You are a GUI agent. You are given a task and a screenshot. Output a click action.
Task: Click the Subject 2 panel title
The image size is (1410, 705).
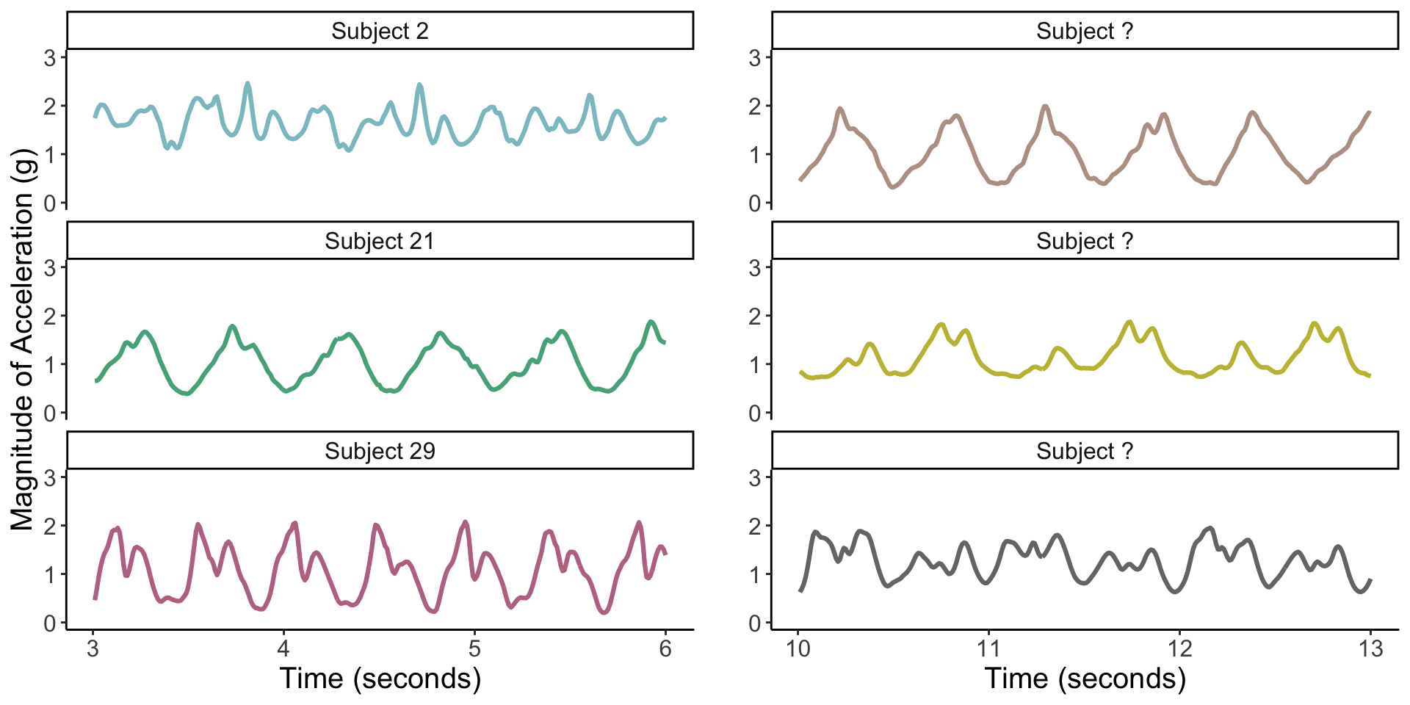pyautogui.click(x=380, y=32)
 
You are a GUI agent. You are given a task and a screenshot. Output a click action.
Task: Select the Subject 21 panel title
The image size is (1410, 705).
pyautogui.click(x=380, y=242)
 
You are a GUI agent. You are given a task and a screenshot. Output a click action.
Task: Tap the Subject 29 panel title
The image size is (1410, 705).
pyautogui.click(x=380, y=451)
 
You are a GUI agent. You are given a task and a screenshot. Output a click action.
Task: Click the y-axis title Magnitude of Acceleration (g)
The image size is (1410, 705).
pyautogui.click(x=22, y=339)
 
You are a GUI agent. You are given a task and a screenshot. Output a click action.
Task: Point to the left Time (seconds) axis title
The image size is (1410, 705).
pyautogui.click(x=380, y=679)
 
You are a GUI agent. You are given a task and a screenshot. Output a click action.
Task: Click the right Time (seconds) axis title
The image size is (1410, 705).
pyautogui.click(x=1085, y=679)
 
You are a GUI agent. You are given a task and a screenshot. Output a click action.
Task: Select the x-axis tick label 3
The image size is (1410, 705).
pyautogui.click(x=93, y=649)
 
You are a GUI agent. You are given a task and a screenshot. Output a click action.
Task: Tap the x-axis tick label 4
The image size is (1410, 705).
pyautogui.click(x=283, y=649)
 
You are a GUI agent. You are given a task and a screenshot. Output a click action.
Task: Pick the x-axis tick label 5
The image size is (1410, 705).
pyautogui.click(x=474, y=649)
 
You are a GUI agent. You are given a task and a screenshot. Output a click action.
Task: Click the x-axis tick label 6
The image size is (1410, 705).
pyautogui.click(x=665, y=649)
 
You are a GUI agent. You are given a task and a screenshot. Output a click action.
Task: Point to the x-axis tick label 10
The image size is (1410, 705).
pyautogui.click(x=798, y=649)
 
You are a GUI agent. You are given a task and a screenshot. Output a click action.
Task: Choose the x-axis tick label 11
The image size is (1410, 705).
pyautogui.click(x=988, y=649)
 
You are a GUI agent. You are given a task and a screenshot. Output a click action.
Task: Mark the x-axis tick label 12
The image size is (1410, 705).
pyautogui.click(x=1179, y=649)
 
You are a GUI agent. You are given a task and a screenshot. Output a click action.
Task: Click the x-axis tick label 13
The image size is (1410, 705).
pyautogui.click(x=1370, y=649)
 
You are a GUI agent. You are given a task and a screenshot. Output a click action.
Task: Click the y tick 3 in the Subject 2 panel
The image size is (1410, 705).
pyautogui.click(x=50, y=58)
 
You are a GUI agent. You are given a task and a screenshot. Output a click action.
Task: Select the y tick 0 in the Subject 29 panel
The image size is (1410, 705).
pyautogui.click(x=50, y=623)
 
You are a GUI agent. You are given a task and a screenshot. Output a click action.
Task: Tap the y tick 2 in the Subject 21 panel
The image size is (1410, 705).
pyautogui.click(x=50, y=317)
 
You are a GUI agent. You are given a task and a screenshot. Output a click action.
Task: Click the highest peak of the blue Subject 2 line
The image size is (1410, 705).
pyautogui.click(x=247, y=84)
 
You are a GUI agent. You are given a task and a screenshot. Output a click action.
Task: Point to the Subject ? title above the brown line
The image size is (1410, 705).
pyautogui.click(x=1085, y=32)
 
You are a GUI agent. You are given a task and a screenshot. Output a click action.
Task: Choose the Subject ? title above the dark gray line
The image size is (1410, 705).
pyautogui.click(x=1085, y=451)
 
